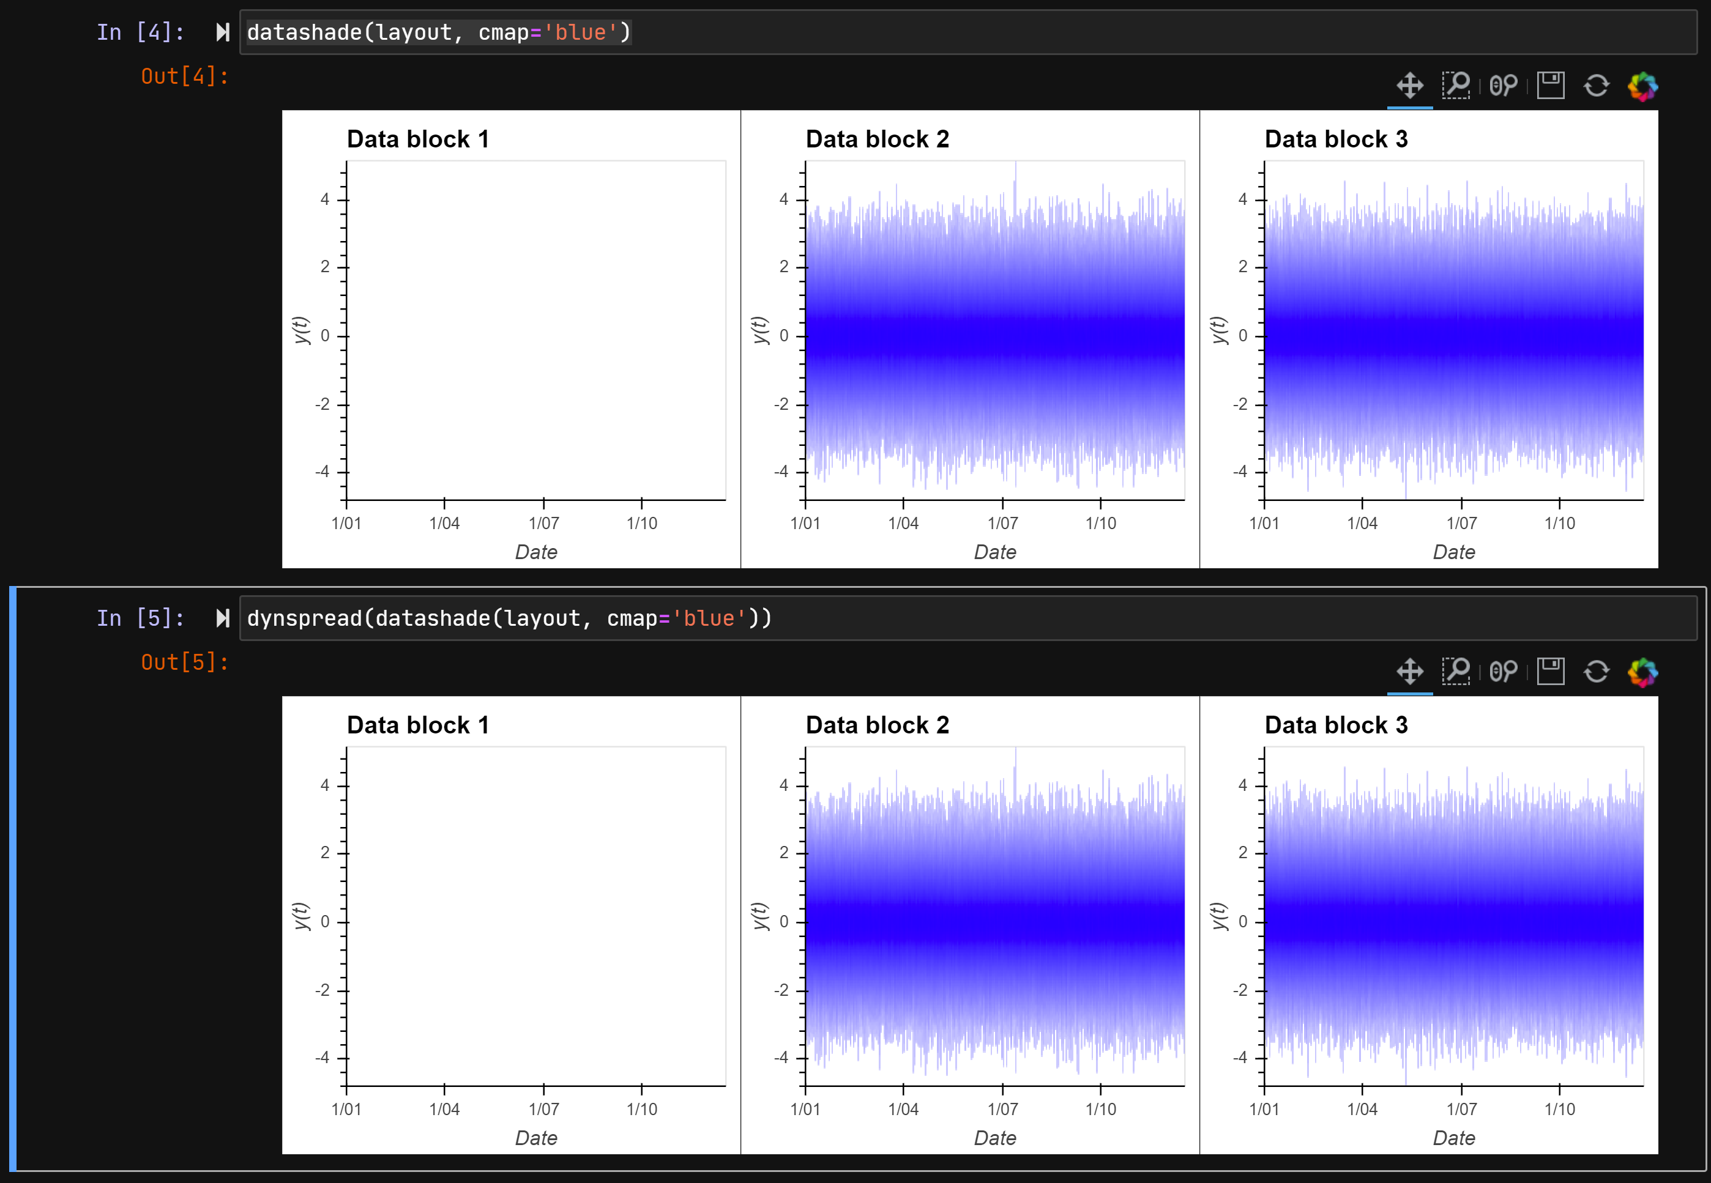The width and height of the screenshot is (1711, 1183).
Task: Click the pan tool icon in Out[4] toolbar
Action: coord(1409,86)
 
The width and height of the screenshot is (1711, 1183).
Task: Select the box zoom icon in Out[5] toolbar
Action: coord(1455,672)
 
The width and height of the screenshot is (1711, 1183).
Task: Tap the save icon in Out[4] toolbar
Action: coord(1550,86)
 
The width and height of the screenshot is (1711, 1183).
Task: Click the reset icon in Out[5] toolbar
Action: coord(1596,672)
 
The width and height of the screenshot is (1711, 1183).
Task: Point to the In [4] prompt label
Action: coord(140,32)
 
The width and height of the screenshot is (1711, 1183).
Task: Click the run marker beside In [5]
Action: coord(222,618)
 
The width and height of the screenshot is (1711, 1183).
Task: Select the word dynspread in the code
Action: coord(304,618)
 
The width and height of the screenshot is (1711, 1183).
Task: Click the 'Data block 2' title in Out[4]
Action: coord(877,139)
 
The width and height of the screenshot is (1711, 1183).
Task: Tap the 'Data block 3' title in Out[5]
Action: coord(1336,725)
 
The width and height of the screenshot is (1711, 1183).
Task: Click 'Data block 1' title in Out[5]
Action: coord(418,725)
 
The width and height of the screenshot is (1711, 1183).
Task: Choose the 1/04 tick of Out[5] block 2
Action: coord(903,1109)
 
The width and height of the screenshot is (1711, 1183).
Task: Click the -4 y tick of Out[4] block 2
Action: coord(781,472)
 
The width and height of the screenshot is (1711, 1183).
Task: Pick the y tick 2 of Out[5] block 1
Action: coord(325,853)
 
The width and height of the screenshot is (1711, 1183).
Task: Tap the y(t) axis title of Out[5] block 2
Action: coord(761,916)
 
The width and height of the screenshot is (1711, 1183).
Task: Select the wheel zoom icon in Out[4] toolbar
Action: coord(1503,86)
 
